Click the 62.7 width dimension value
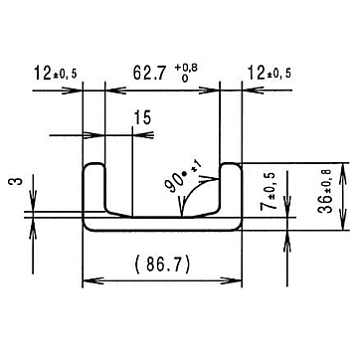click(149, 74)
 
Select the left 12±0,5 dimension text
click(55, 73)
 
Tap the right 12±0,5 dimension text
click(270, 73)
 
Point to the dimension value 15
click(142, 117)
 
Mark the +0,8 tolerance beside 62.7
click(186, 69)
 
